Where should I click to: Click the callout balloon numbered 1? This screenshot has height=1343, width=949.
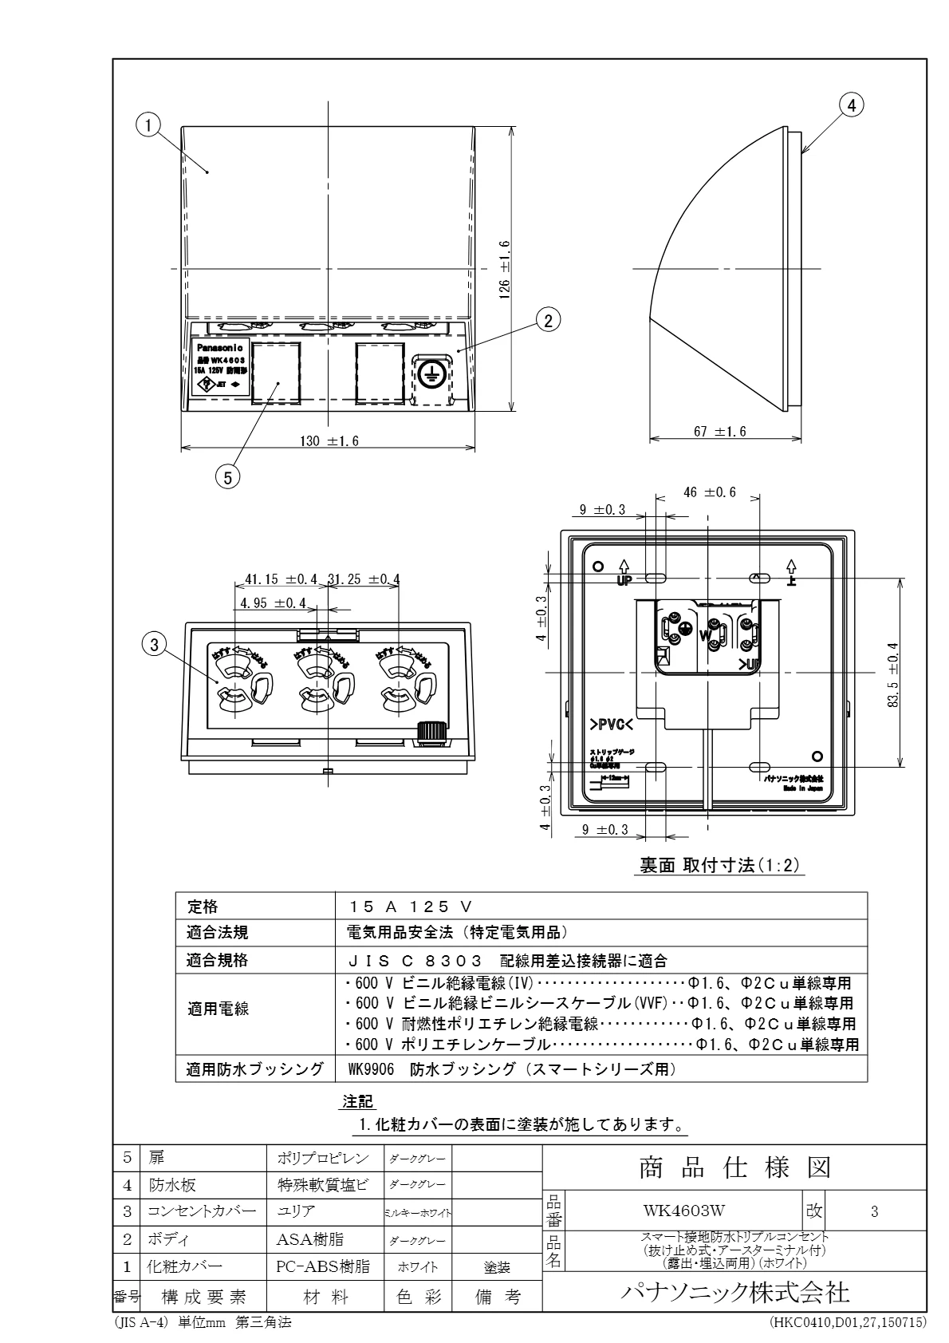pos(148,124)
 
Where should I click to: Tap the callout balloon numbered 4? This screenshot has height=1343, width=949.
pos(852,104)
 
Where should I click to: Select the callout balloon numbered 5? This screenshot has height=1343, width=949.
pos(227,477)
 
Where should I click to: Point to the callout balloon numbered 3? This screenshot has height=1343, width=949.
pos(155,642)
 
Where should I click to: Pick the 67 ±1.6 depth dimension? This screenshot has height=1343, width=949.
pos(719,432)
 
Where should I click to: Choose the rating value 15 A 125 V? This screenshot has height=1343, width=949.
pos(411,907)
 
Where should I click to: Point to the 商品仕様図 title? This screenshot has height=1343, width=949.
pos(734,1168)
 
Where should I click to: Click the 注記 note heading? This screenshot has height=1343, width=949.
pos(358,1102)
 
